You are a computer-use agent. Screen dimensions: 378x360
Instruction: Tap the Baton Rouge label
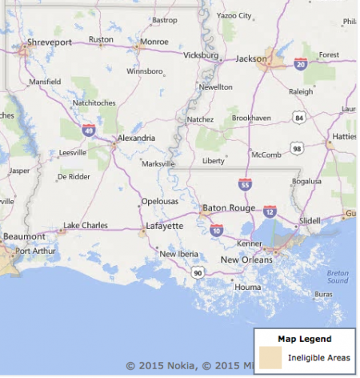[229, 207]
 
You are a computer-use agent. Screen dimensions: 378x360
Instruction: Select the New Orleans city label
[246, 259]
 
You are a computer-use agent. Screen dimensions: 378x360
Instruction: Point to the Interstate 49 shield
[89, 129]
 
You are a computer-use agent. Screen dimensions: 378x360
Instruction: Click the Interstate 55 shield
[243, 185]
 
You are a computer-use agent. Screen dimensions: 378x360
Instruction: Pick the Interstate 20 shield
[301, 62]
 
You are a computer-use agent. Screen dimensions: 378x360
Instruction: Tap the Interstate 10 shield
[217, 230]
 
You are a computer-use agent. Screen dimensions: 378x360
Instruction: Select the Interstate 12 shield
[270, 211]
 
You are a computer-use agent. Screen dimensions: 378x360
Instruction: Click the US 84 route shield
[298, 118]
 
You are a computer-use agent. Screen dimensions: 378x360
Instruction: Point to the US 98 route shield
[296, 149]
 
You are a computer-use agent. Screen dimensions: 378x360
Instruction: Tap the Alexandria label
[136, 138]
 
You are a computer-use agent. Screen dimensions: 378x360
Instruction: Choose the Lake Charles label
[85, 225]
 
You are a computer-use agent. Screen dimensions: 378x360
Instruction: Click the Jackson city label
[251, 58]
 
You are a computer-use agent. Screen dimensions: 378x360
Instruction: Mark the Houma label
[248, 287]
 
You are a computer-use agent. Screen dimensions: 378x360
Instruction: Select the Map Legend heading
[304, 339]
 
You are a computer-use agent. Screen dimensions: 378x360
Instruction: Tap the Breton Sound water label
[338, 277]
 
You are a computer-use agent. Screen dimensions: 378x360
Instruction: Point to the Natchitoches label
[95, 103]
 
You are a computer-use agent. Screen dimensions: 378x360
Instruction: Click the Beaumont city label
[24, 237]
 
